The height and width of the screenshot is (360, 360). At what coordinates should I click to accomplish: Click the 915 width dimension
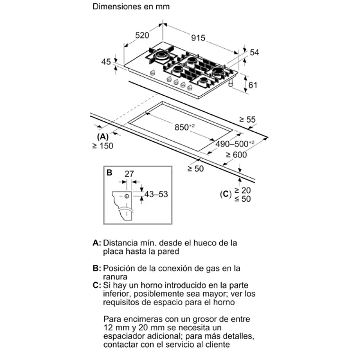click(198, 37)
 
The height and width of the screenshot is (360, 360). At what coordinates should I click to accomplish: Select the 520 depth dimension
click(142, 35)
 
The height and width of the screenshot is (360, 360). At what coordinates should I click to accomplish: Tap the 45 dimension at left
click(106, 62)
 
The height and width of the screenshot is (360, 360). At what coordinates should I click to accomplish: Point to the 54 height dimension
click(254, 53)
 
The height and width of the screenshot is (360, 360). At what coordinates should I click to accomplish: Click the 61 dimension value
click(253, 85)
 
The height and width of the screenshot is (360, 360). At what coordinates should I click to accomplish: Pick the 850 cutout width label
click(184, 127)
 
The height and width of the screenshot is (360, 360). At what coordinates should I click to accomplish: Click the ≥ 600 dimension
click(236, 154)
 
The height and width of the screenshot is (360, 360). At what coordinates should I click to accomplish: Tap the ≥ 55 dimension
click(247, 120)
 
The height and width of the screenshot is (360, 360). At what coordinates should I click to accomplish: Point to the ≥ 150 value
click(103, 146)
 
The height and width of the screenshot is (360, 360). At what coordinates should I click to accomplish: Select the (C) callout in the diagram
click(225, 194)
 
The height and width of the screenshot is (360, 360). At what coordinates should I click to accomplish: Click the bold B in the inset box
click(109, 173)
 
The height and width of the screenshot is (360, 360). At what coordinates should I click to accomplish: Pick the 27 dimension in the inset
click(129, 174)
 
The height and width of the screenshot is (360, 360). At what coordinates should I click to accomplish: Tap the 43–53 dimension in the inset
click(156, 194)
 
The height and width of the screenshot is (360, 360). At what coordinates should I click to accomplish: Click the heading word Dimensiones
click(116, 7)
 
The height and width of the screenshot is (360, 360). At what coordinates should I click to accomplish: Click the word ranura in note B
click(116, 277)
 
